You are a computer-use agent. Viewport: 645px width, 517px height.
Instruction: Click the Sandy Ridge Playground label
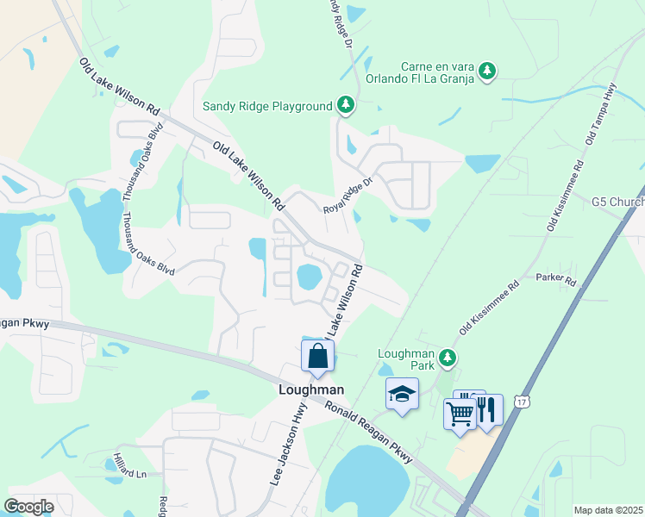[267, 106]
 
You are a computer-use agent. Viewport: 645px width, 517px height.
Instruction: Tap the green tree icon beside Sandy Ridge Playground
[346, 105]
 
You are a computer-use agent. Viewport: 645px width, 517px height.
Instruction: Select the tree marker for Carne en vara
[487, 70]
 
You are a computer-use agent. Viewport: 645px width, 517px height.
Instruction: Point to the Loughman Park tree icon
[447, 357]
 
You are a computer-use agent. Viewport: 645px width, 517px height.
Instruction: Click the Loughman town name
[311, 389]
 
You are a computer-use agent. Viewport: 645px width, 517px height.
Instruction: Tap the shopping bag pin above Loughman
[317, 356]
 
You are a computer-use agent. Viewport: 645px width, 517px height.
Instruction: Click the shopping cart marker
[460, 414]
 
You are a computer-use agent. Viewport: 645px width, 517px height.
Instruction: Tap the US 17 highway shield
[521, 402]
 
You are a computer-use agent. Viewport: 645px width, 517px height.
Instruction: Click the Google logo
[28, 506]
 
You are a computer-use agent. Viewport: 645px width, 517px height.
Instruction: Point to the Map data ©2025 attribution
[607, 510]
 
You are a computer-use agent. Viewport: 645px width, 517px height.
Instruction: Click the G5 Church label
[617, 202]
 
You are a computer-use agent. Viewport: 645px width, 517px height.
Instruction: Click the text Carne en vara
[440, 66]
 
